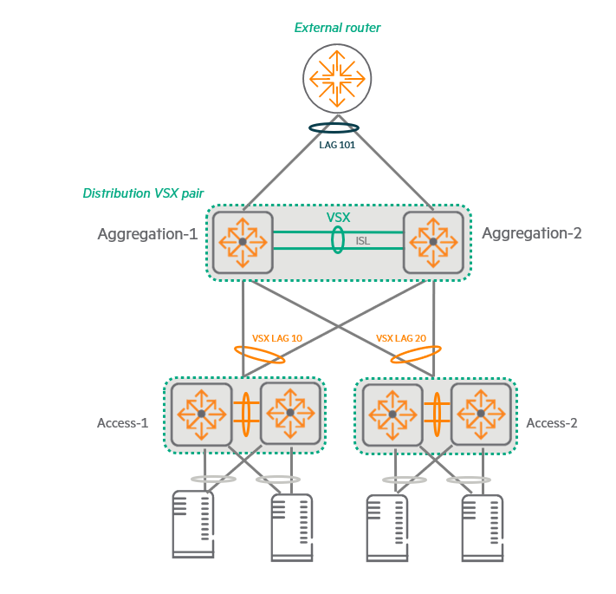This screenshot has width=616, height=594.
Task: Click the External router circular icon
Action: click(337, 78)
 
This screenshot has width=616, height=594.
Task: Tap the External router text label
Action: click(337, 28)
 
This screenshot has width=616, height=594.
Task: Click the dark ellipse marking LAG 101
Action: click(334, 128)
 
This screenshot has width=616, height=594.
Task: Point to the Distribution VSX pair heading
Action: click(143, 193)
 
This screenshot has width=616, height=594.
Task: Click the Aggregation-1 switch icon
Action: click(243, 241)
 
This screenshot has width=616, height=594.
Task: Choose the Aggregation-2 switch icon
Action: click(433, 241)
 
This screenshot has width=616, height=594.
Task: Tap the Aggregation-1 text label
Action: click(147, 234)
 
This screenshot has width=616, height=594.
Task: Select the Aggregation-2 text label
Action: click(532, 233)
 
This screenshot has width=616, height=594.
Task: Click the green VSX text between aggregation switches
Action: click(339, 217)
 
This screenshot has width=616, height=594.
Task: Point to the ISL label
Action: click(362, 241)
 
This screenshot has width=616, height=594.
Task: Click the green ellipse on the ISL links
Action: click(337, 240)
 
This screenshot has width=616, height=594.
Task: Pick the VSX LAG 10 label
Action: click(277, 337)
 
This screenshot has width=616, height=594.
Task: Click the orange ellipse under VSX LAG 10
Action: click(260, 355)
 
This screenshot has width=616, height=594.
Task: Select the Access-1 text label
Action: click(122, 423)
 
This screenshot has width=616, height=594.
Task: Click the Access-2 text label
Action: click(552, 423)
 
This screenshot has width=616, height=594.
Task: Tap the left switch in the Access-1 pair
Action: click(201, 414)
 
